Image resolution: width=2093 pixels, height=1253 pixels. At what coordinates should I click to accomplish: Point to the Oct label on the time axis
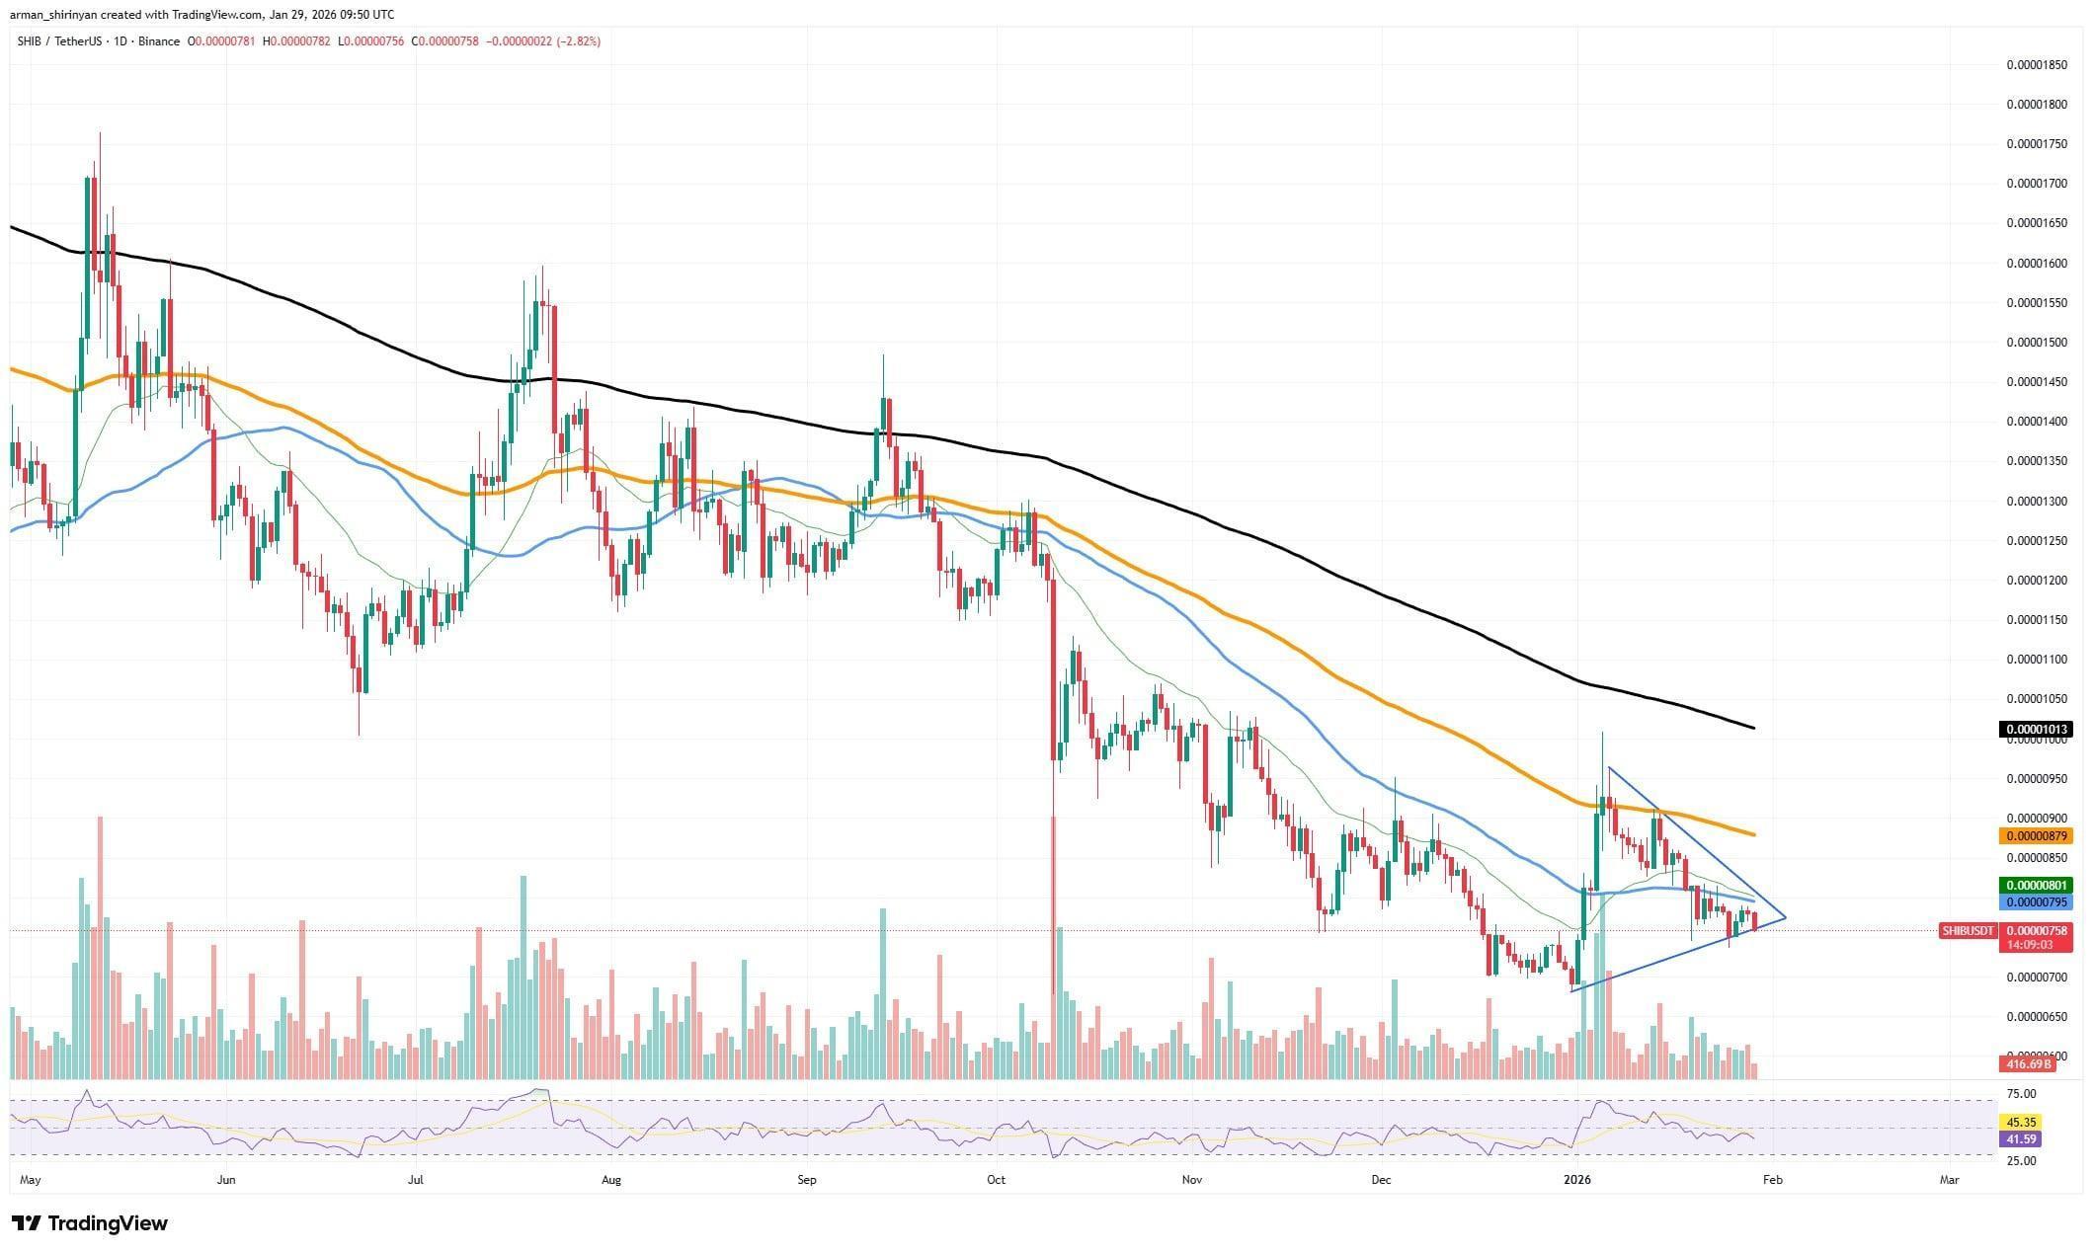pyautogui.click(x=996, y=1179)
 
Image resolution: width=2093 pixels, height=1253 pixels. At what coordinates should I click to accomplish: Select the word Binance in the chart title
pyautogui.click(x=158, y=41)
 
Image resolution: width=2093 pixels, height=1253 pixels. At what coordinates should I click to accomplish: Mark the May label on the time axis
pyautogui.click(x=31, y=1179)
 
